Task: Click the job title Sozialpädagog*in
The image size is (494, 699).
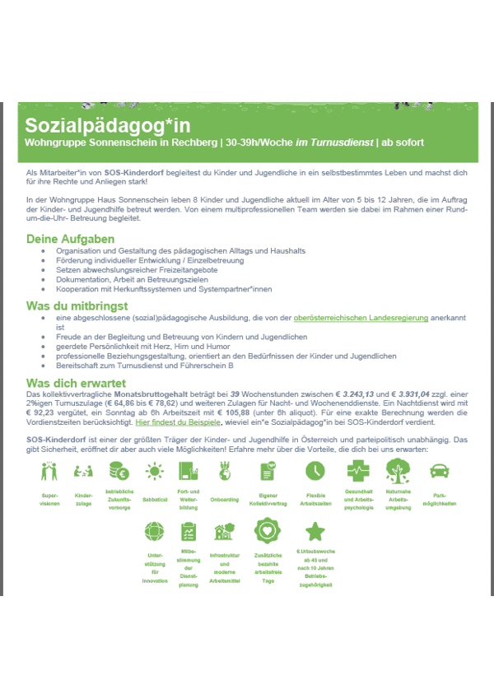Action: (107, 125)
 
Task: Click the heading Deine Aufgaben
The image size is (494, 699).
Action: (70, 240)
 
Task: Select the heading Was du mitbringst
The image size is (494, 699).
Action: (77, 306)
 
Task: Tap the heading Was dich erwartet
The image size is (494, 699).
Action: (76, 384)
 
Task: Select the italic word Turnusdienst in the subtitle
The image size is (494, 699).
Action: (334, 142)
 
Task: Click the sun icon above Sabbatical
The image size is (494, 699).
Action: (154, 471)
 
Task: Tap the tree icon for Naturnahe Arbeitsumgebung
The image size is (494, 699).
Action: (399, 471)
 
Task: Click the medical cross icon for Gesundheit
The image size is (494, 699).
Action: (358, 471)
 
